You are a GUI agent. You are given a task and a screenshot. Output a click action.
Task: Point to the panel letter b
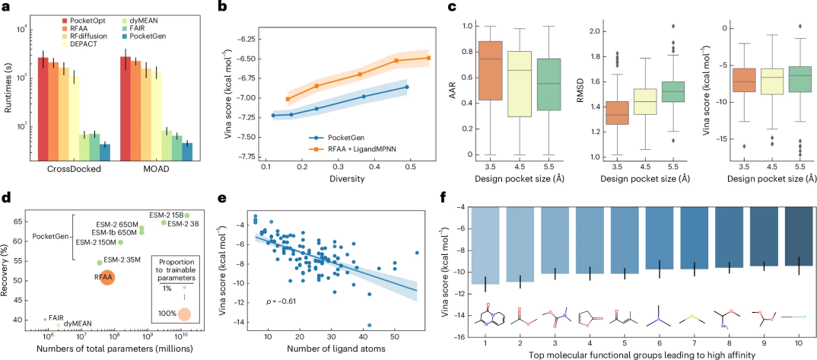point(221,7)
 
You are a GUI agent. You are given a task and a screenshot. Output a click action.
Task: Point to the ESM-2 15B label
point(166,215)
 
